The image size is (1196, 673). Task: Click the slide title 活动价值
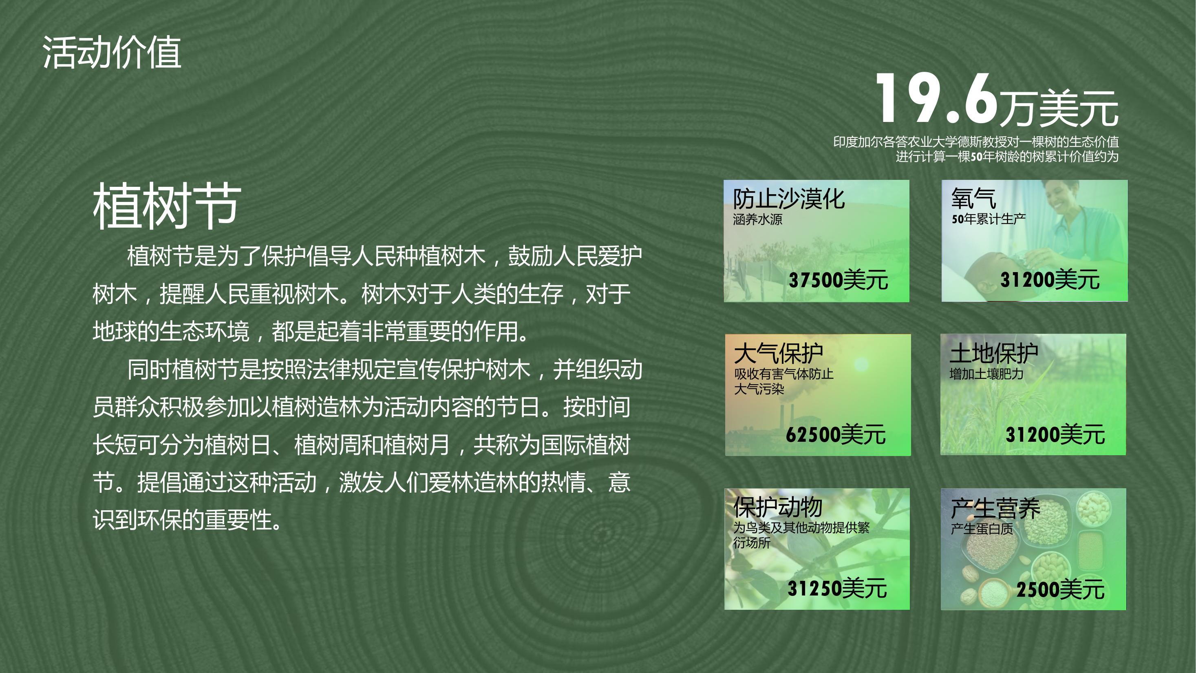pyautogui.click(x=111, y=53)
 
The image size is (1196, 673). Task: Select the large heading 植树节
pyautogui.click(x=167, y=206)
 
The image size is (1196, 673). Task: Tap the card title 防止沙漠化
pyautogui.click(x=789, y=199)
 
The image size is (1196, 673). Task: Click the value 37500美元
pyautogui.click(x=839, y=280)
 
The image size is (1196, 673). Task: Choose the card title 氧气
pyautogui.click(x=973, y=199)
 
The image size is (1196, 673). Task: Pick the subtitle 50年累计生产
pyautogui.click(x=989, y=219)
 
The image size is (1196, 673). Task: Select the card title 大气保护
pyautogui.click(x=779, y=354)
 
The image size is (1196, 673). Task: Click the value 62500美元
pyautogui.click(x=836, y=434)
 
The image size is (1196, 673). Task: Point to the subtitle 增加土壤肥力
pyautogui.click(x=986, y=374)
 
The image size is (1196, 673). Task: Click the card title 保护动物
pyautogui.click(x=778, y=507)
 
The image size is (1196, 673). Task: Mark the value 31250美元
pyautogui.click(x=837, y=589)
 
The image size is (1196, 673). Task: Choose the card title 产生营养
pyautogui.click(x=995, y=508)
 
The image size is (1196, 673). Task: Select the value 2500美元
pyautogui.click(x=1060, y=589)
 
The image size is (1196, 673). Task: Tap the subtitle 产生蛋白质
pyautogui.click(x=982, y=529)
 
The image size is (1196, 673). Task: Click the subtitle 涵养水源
pyautogui.click(x=758, y=219)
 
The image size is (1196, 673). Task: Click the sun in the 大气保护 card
pyautogui.click(x=861, y=365)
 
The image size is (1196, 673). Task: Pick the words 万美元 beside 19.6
pyautogui.click(x=1059, y=108)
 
